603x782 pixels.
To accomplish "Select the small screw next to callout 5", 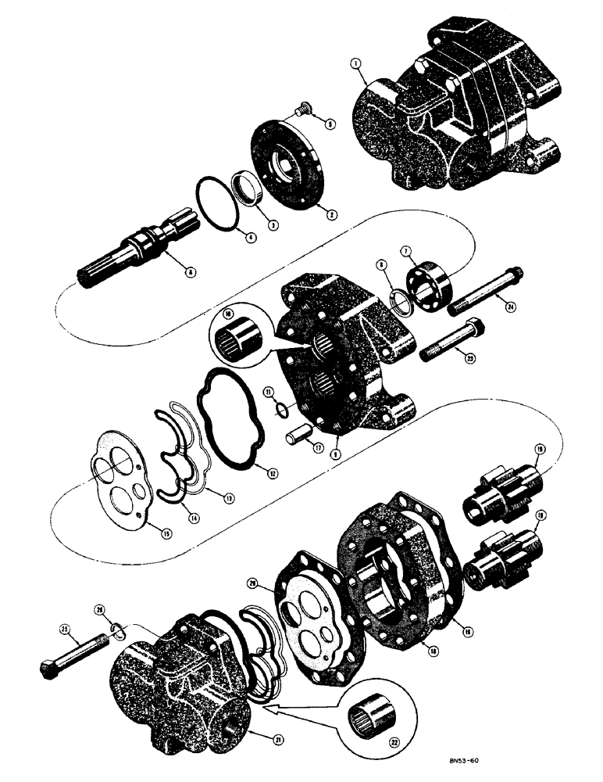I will coord(300,114).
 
